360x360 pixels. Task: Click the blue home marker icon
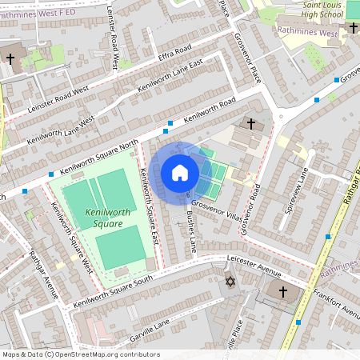180,172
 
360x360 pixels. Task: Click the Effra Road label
174,61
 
